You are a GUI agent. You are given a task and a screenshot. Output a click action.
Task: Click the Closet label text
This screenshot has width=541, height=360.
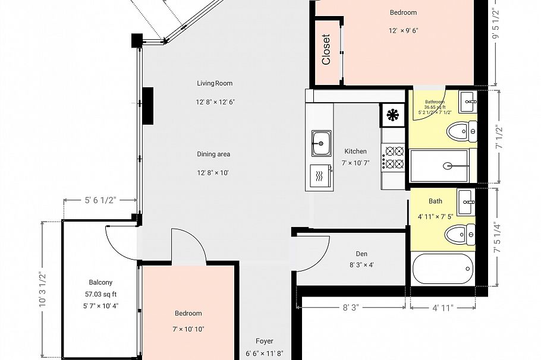[x=326, y=49]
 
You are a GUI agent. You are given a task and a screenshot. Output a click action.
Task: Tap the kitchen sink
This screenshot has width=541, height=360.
[x=321, y=143]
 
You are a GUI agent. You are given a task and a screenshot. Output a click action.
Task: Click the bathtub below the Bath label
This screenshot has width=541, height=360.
[x=443, y=269]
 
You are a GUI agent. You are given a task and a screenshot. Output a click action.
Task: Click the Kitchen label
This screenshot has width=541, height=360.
[x=356, y=151]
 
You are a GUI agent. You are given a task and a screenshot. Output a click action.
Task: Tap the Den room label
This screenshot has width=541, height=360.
[x=361, y=254]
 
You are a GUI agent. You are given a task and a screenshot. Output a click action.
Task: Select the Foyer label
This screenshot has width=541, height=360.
[x=265, y=341]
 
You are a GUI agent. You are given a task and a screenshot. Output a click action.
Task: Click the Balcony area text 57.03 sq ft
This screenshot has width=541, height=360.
[x=100, y=294]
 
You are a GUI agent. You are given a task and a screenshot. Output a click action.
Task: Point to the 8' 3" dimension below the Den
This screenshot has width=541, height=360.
[x=351, y=308]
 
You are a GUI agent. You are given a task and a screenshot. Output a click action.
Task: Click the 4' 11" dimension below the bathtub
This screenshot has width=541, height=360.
[x=443, y=308]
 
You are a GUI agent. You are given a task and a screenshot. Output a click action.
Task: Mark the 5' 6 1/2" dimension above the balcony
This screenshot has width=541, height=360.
[x=100, y=200]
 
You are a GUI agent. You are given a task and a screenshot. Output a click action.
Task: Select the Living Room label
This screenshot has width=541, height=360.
[x=215, y=83]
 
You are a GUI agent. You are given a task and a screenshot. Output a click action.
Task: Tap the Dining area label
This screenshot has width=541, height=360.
[x=213, y=154]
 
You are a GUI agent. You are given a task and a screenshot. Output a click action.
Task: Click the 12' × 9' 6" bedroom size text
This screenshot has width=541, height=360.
[x=403, y=30]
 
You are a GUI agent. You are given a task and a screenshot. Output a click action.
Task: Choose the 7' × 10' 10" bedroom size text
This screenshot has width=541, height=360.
[x=188, y=329]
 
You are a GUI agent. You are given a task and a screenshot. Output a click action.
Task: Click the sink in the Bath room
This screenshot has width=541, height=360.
[x=467, y=202]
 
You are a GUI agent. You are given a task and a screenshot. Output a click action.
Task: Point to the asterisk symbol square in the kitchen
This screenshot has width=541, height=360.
[x=393, y=115]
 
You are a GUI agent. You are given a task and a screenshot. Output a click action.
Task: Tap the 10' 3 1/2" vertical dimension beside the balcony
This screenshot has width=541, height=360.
[x=42, y=289]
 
